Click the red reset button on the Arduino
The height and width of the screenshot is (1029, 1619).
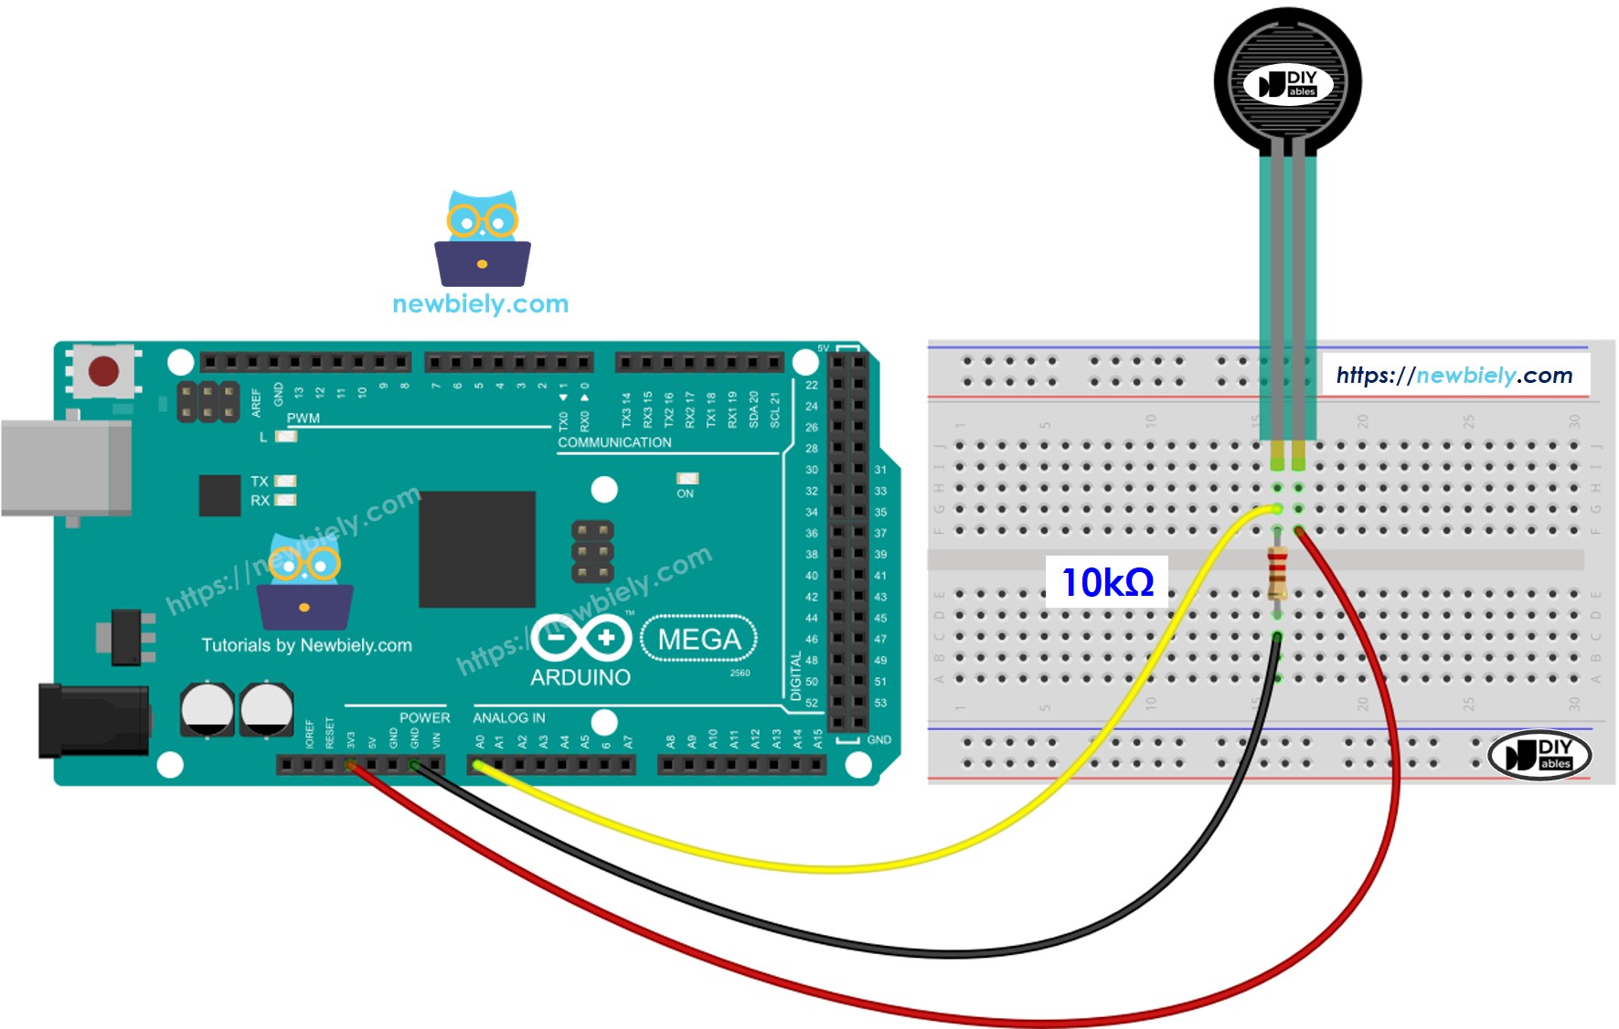point(103,371)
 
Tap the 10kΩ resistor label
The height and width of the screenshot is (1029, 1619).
point(1107,582)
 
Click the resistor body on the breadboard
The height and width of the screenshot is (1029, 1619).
point(1277,573)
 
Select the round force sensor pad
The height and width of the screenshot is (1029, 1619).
point(1287,82)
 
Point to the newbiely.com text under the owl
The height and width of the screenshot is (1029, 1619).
point(480,303)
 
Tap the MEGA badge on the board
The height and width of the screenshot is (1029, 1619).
point(699,639)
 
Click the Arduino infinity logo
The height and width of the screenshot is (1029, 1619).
point(581,637)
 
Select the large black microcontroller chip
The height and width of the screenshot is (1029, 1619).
point(477,548)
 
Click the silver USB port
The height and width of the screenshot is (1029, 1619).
point(64,468)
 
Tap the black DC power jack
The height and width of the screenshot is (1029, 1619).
point(91,721)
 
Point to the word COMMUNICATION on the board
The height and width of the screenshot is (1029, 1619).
point(614,442)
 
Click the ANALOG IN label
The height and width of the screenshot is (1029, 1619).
point(508,718)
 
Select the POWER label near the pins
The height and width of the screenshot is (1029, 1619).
point(424,718)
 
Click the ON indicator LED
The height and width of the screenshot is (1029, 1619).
point(687,479)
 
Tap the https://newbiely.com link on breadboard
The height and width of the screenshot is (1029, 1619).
point(1454,375)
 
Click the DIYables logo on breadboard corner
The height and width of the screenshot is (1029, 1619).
point(1539,755)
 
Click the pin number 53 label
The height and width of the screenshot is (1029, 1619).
point(880,703)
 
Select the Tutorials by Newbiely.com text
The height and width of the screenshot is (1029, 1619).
point(306,645)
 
